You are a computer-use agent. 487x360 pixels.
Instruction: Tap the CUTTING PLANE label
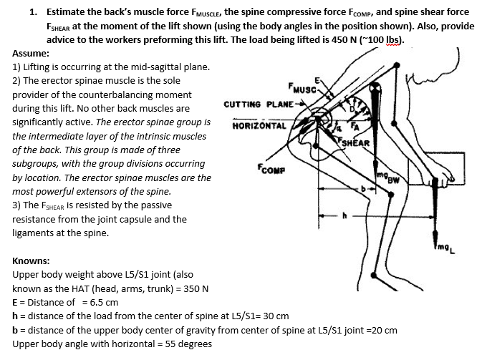point(256,104)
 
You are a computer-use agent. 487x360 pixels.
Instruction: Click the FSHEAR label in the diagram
point(353,142)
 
